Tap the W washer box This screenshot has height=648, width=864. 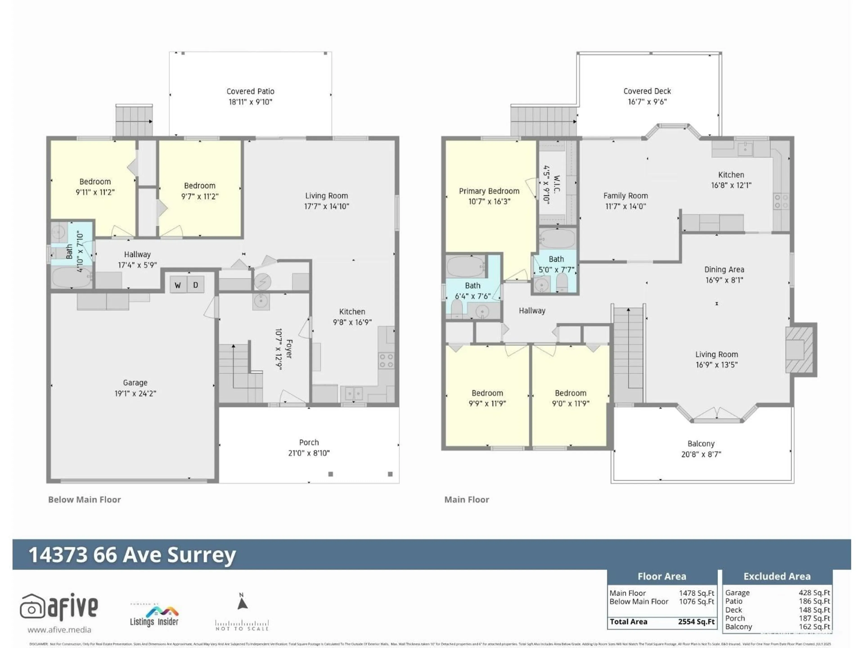click(x=178, y=285)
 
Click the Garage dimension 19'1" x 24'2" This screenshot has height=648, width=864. click(x=135, y=393)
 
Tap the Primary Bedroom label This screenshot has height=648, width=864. click(x=489, y=191)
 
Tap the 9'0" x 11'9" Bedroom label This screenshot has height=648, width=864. click(x=570, y=393)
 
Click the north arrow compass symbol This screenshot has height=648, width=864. click(x=242, y=603)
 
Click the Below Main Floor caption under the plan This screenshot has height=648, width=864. click(x=84, y=499)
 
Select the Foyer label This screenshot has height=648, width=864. click(x=289, y=349)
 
